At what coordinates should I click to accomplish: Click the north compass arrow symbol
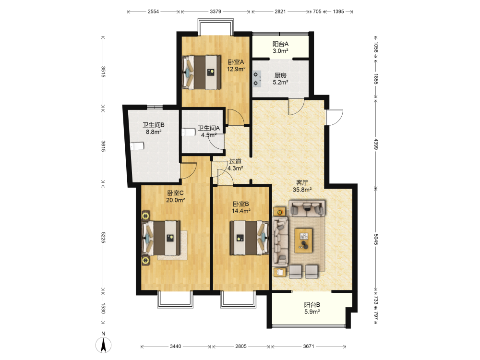[x=104, y=345]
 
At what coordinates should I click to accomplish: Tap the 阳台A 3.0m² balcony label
[x=280, y=48]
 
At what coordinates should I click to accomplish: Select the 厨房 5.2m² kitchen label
[x=280, y=79]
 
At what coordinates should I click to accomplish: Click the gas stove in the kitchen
[x=256, y=79]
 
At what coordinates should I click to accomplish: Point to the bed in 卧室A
[x=201, y=72]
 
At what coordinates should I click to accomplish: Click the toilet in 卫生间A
[x=189, y=132]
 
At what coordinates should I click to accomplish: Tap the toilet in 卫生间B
[x=137, y=146]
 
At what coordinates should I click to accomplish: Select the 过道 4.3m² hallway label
[x=235, y=165]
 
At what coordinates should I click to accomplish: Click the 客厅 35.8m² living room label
[x=302, y=186]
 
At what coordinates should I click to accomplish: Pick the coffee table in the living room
[x=304, y=240]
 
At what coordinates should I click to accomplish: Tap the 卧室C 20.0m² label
[x=175, y=196]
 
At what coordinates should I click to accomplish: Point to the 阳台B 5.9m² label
[x=312, y=308]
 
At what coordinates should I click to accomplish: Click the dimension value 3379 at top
[x=216, y=12]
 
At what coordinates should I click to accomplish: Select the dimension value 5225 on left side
[x=103, y=237]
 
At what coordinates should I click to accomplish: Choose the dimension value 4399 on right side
[x=376, y=144]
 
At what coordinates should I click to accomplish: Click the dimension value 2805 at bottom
[x=240, y=346]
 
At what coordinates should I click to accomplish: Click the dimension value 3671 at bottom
[x=309, y=346]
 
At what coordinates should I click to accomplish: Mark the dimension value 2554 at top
[x=154, y=12]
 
